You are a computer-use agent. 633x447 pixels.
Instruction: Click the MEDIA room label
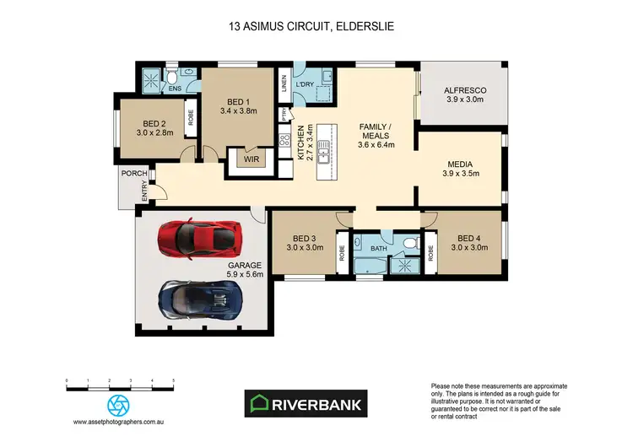[460, 164]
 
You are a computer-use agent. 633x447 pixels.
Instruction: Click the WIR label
[249, 158]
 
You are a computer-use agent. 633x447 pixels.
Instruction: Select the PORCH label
[134, 174]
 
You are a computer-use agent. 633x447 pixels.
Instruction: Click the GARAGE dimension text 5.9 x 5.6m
[246, 274]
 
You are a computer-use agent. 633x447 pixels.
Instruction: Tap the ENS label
[175, 88]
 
